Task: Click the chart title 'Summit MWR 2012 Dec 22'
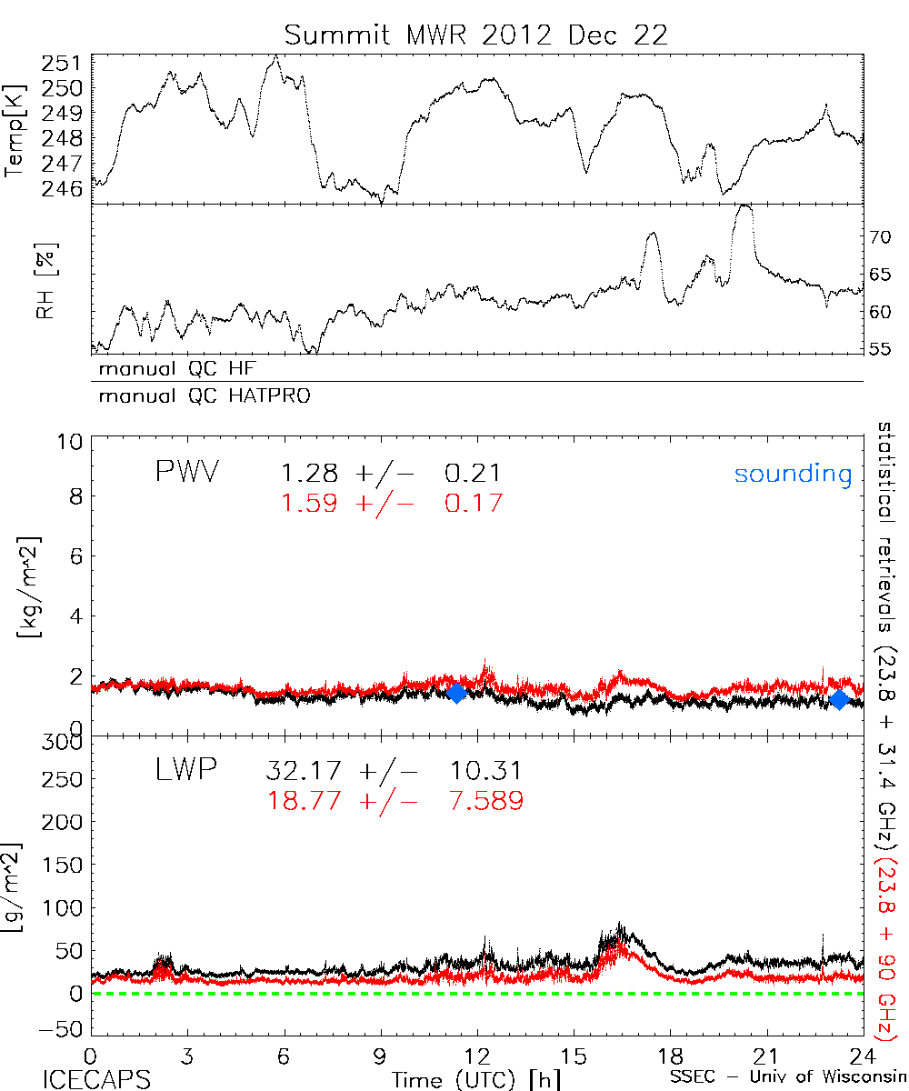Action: [x=475, y=35]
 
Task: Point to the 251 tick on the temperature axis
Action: [x=65, y=64]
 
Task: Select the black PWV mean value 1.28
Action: [x=309, y=474]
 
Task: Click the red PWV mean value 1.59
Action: [x=309, y=503]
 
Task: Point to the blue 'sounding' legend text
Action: [x=794, y=474]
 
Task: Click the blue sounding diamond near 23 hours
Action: [x=839, y=698]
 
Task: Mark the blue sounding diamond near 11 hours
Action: [x=456, y=693]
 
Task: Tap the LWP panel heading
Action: [x=184, y=771]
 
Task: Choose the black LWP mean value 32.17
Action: [x=305, y=771]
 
